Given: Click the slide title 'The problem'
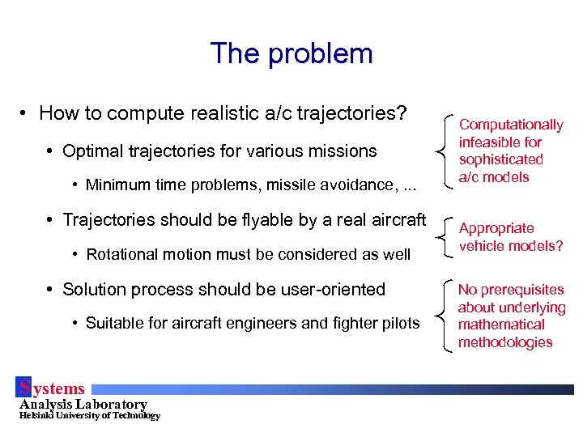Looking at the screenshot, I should pos(291,53).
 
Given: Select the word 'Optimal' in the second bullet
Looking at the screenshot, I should pos(92,151).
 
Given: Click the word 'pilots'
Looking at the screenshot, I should pos(401,324).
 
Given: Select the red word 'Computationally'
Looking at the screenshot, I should pos(511,125).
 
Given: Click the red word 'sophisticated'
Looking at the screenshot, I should pos(500,159).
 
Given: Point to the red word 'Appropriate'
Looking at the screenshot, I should pos(496,228).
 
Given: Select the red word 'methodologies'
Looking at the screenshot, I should pos(505,342).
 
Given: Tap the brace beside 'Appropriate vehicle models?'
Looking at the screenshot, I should pos(444,236).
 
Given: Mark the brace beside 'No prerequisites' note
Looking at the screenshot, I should pos(444,316).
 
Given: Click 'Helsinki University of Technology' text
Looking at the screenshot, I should pos(90,416).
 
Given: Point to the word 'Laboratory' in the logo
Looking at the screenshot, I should pos(110,404).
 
